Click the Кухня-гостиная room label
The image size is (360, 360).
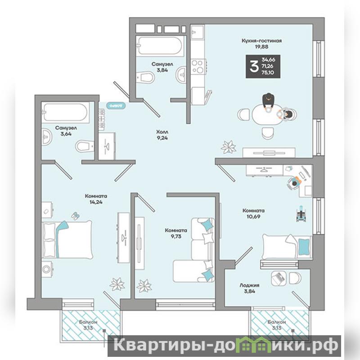(261, 41)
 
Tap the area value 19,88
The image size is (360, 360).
(261, 47)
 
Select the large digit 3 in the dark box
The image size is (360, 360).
(254, 67)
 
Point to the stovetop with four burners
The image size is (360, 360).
(198, 66)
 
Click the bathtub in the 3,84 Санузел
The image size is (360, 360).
(160, 45)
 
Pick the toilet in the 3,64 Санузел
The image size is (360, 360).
(85, 146)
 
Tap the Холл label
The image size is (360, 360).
(162, 132)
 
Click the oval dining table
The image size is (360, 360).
(267, 114)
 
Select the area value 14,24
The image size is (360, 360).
(96, 202)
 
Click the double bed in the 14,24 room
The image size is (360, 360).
(67, 239)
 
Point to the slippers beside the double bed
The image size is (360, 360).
(75, 216)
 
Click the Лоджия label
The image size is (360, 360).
(249, 285)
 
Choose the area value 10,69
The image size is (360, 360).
(253, 216)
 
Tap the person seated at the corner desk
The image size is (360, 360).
(294, 183)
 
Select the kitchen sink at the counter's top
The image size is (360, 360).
(198, 32)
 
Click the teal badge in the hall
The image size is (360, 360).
(116, 105)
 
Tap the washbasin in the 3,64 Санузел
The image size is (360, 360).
(47, 137)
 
